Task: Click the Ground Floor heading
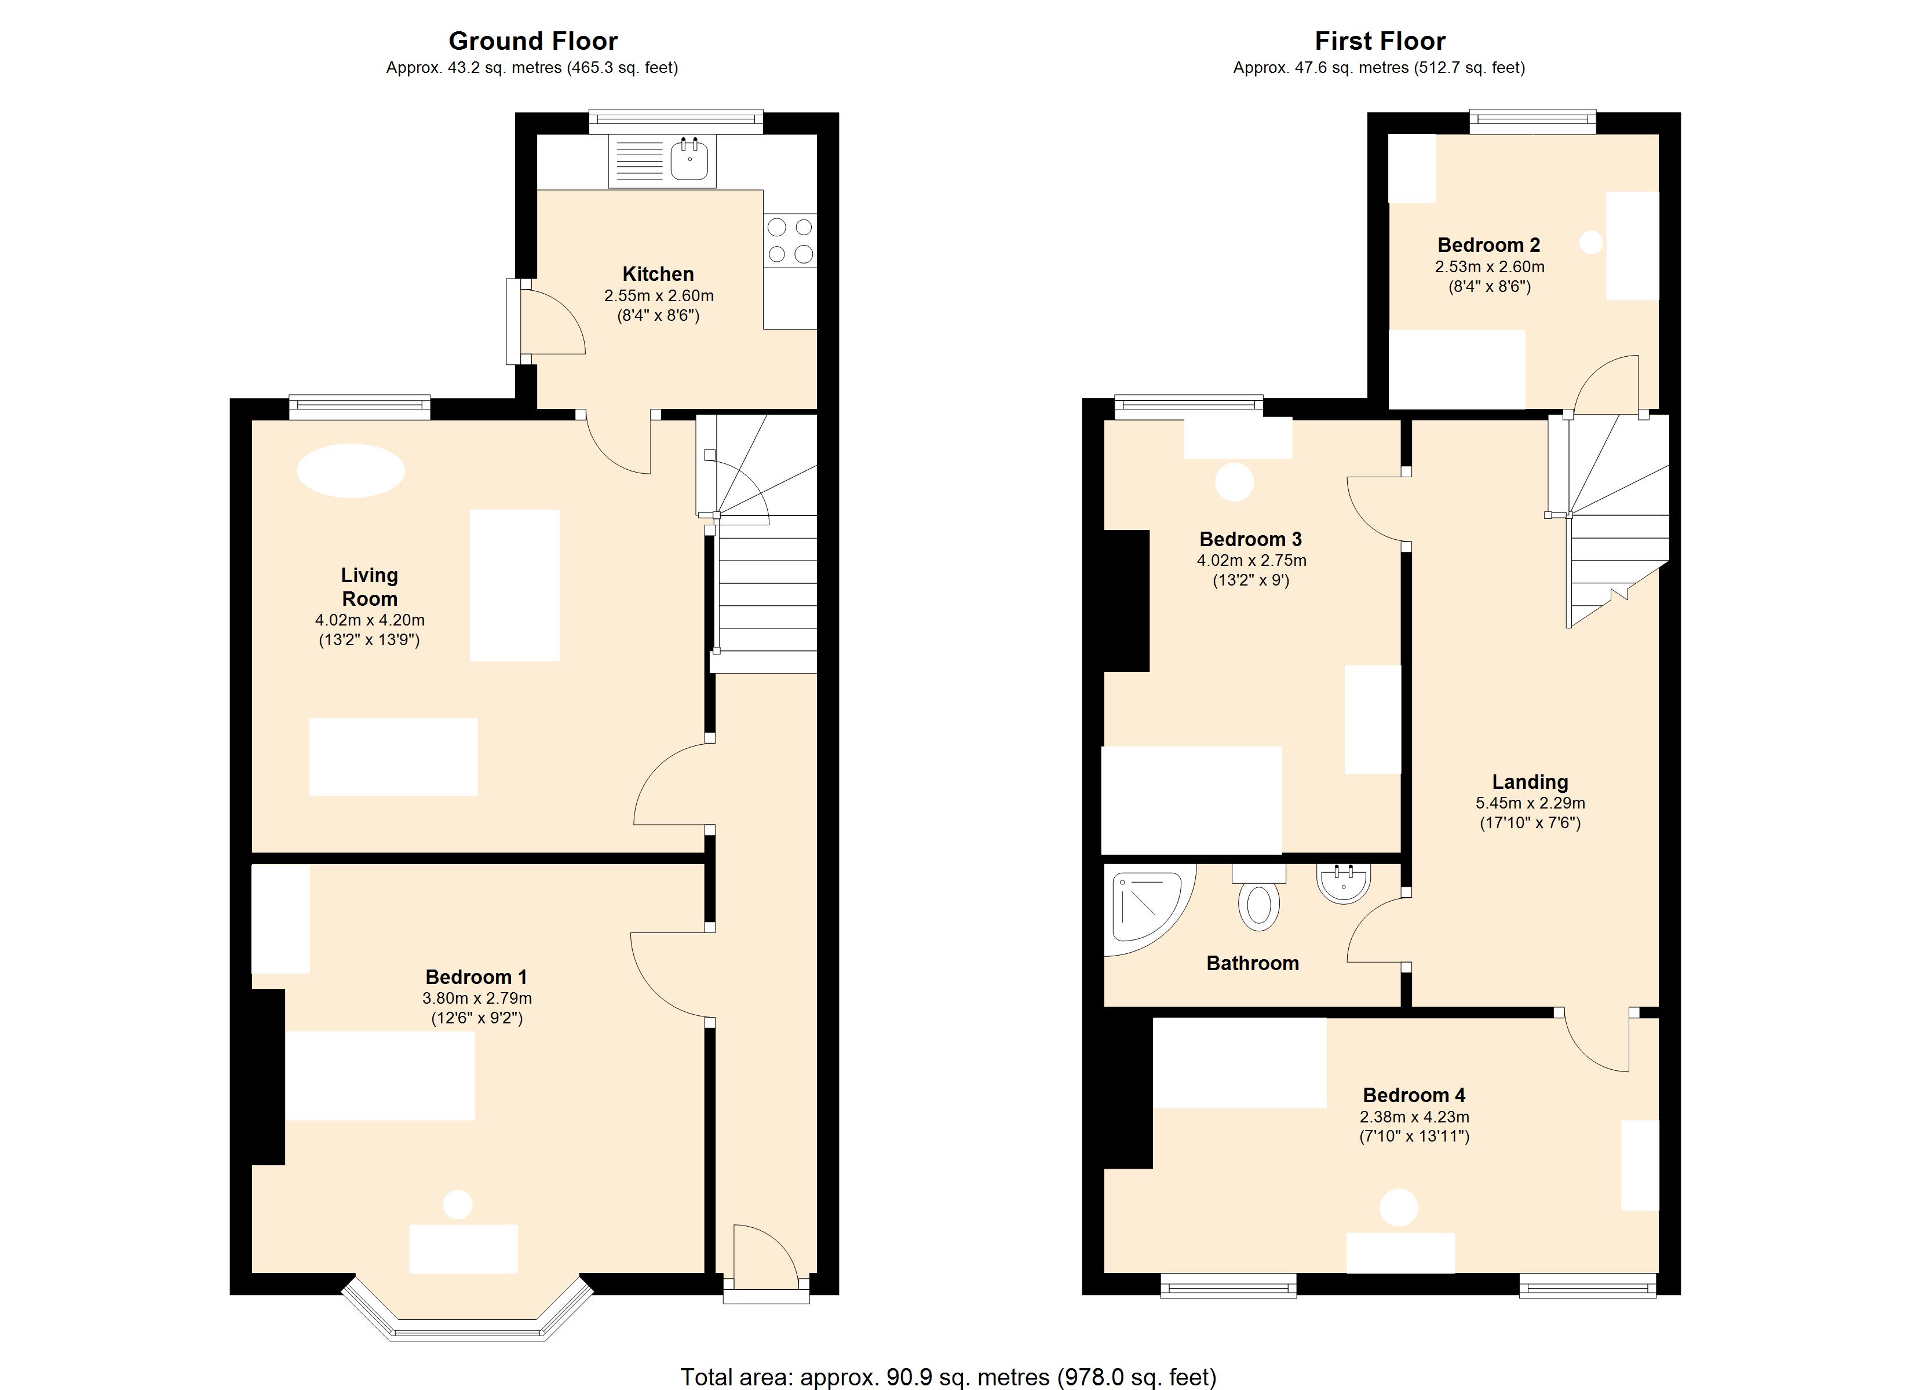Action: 533,41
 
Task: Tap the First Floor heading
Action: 1380,41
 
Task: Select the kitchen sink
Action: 662,161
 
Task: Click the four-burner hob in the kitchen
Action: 790,240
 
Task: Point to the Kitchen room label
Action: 658,274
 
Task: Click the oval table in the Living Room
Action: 351,470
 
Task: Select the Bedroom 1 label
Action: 476,977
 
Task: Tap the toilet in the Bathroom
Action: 1258,897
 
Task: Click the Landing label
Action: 1530,781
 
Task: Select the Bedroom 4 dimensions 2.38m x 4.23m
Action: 1415,1117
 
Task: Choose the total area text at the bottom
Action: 948,1377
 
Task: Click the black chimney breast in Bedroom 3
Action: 1126,601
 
